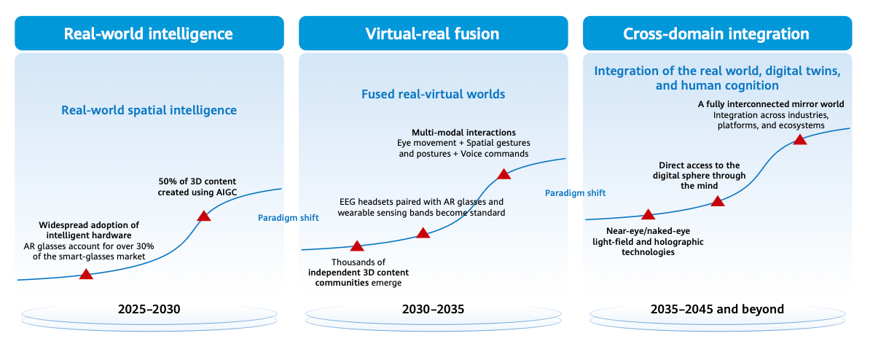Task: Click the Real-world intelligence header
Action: [149, 34]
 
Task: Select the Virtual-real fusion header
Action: [432, 34]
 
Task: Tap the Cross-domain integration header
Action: [716, 34]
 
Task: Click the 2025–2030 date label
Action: [149, 309]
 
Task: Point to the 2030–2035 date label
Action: [432, 309]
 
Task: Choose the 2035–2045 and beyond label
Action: [717, 309]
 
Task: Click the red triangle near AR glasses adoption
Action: [86, 274]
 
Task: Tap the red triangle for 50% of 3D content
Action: [204, 216]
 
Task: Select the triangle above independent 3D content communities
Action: [356, 247]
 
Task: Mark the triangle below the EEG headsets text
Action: [423, 233]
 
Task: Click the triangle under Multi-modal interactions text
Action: [503, 174]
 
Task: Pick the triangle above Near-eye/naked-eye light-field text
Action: [648, 214]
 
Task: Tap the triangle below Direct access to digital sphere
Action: [718, 201]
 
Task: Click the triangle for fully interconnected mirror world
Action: [800, 139]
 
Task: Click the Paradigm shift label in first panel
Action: [289, 218]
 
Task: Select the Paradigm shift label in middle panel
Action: [576, 193]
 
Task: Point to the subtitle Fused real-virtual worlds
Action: [433, 94]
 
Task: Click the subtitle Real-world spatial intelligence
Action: [149, 111]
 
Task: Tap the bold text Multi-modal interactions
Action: [463, 133]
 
